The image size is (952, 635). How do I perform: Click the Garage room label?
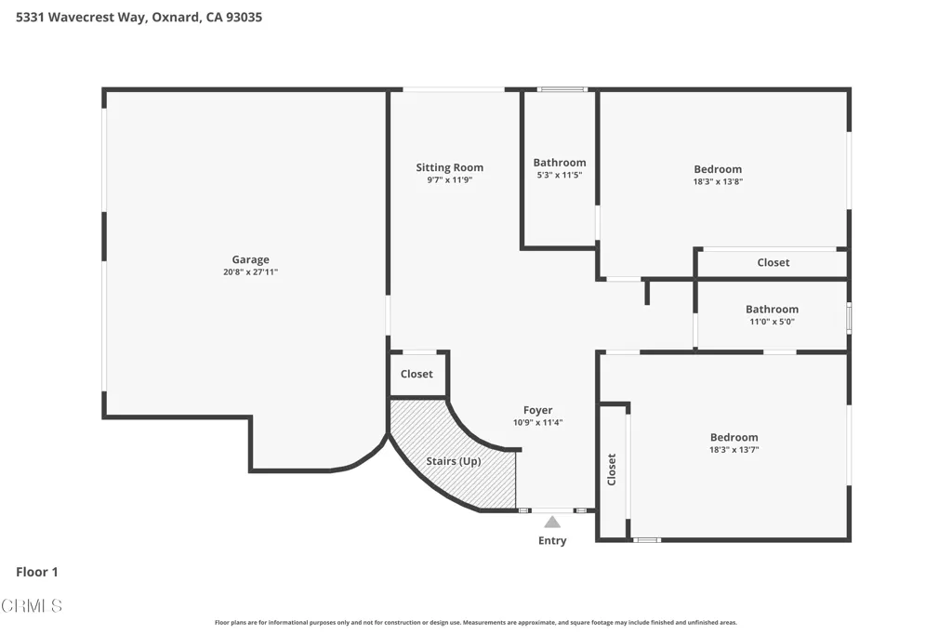coord(250,259)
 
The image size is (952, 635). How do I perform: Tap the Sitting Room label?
coord(449,167)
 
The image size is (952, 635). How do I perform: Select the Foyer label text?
coord(538,410)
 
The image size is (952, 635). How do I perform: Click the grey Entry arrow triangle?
coord(552,523)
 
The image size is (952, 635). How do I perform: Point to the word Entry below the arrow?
coord(552,540)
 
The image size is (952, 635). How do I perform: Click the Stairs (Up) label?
coord(454,461)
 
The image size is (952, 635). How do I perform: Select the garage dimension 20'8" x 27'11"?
coord(250,272)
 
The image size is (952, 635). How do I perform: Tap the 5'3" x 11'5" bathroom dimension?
coord(559,175)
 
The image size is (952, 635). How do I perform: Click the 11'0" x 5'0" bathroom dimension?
coord(772,322)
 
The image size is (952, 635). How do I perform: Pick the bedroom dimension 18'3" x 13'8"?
coord(718,181)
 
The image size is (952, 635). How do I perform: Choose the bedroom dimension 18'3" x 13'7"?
coord(734,450)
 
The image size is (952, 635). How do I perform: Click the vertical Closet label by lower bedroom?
coord(612,470)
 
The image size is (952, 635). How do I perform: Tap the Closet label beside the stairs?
coord(416,374)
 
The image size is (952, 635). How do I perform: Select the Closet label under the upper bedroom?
coord(773,262)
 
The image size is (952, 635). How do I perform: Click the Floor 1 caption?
coord(37,572)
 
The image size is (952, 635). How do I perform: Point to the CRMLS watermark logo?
coord(32,605)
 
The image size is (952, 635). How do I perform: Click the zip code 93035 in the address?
coord(245,17)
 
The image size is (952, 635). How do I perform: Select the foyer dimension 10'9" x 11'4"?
coord(538,422)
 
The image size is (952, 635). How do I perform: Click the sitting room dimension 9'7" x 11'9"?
coord(449,180)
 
